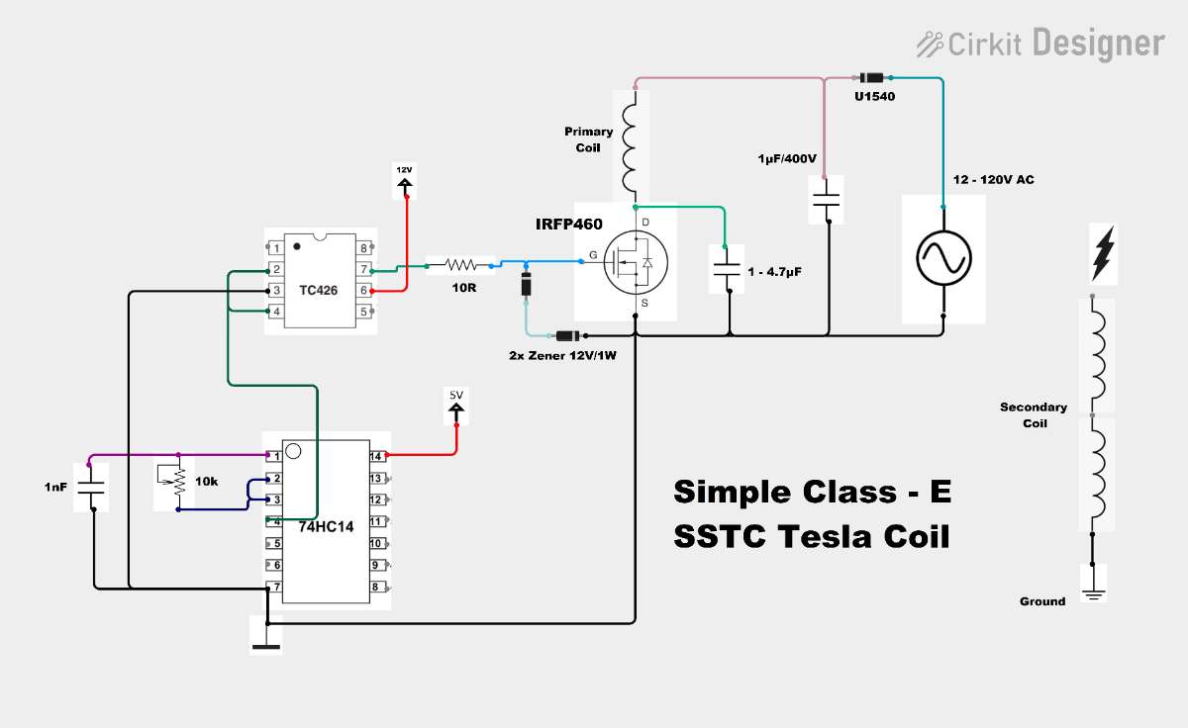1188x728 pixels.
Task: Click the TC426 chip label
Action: (318, 291)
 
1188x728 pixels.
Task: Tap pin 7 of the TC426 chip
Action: (364, 269)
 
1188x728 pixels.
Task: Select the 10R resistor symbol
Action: (460, 264)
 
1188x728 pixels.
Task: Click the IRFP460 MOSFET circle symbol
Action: (636, 262)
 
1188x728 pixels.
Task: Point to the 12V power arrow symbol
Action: (405, 186)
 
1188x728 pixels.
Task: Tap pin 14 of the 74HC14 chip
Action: (376, 456)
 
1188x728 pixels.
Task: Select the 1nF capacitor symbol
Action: (91, 488)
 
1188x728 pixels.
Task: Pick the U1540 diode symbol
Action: (871, 78)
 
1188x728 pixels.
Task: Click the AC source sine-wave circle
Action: (943, 258)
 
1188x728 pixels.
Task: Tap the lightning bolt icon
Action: (1103, 253)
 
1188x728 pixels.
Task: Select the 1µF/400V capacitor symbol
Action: (827, 200)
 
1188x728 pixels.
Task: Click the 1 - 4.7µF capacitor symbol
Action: (727, 269)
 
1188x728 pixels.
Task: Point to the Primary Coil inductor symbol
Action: (630, 142)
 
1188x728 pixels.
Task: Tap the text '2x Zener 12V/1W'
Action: (562, 355)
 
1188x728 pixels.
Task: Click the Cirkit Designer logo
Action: (1040, 44)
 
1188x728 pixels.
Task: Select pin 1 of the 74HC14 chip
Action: (274, 456)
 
